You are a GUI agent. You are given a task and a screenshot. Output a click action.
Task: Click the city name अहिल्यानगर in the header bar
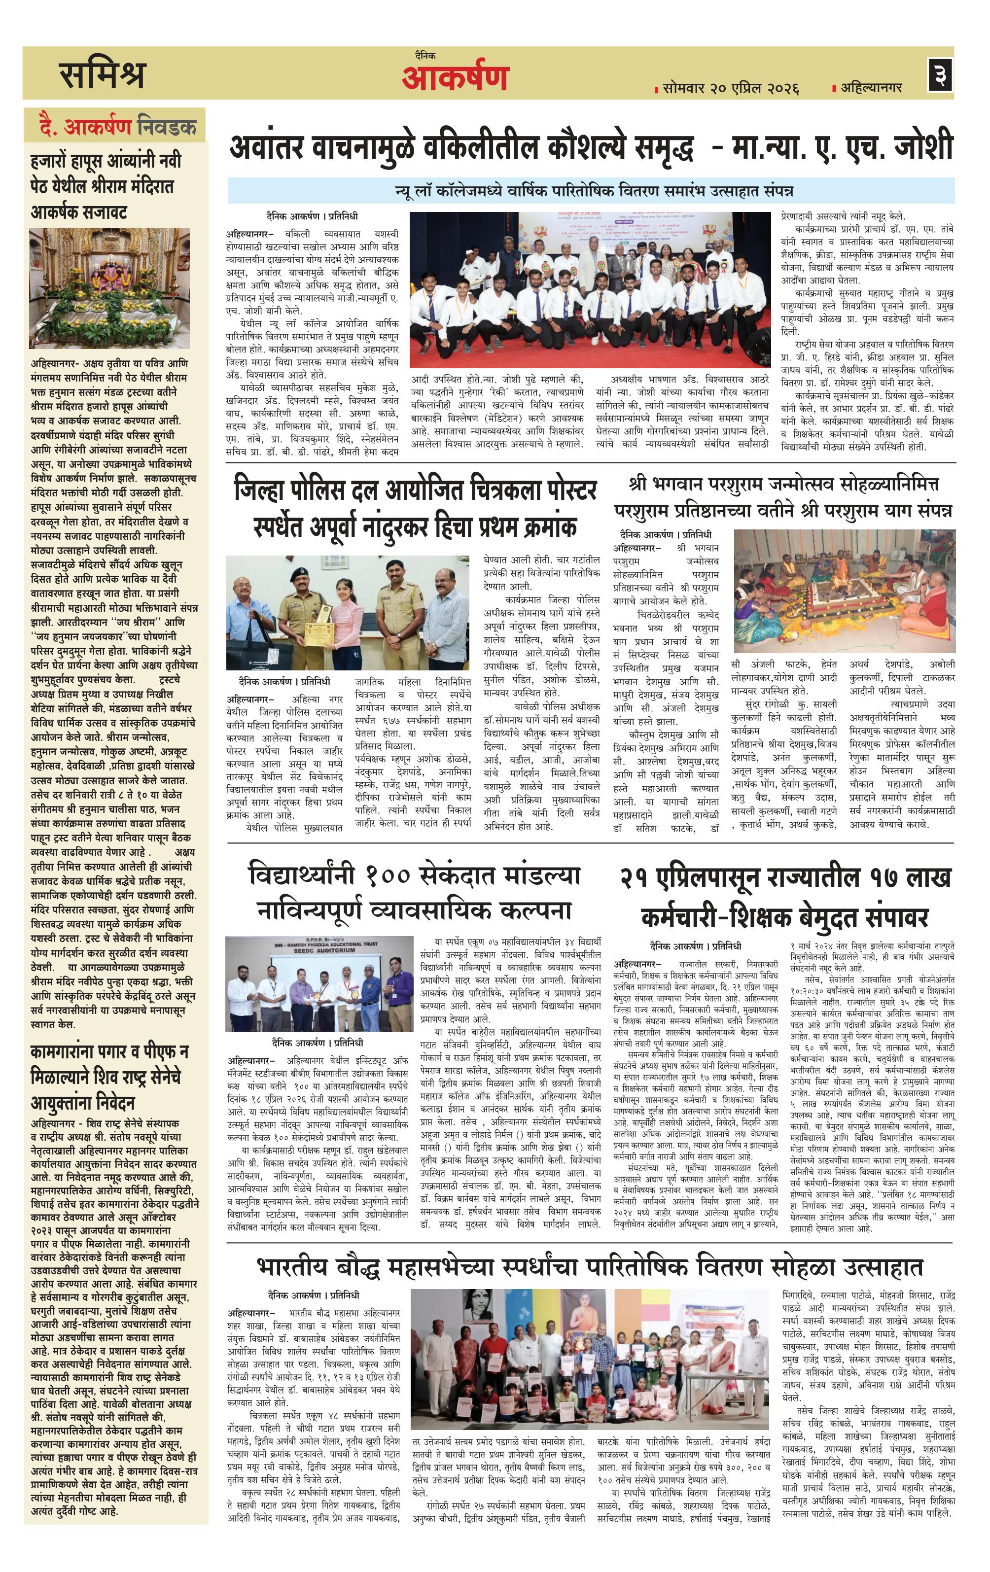pyautogui.click(x=871, y=87)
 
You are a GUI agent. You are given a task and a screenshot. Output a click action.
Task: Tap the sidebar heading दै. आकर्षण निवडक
pyautogui.click(x=117, y=126)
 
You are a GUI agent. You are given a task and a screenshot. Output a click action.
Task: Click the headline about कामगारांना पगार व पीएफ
pyautogui.click(x=109, y=1077)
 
